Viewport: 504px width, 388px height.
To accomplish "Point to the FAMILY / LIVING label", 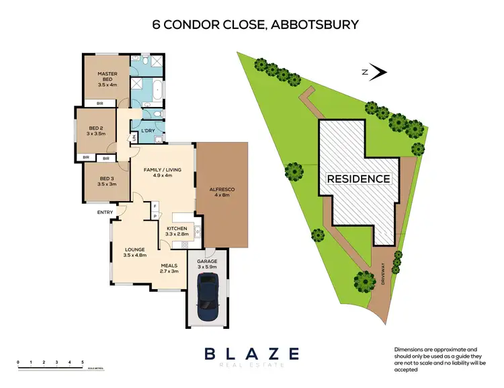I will point(160,173).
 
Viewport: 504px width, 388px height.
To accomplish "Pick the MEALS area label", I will point(169,268).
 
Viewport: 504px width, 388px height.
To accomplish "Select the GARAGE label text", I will point(207,263).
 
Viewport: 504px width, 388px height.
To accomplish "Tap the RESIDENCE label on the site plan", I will point(359,179).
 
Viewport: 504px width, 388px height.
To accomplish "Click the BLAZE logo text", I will point(251,353).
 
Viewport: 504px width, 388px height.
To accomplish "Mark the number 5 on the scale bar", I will point(82,362).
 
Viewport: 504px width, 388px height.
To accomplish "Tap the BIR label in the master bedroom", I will point(100,104).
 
